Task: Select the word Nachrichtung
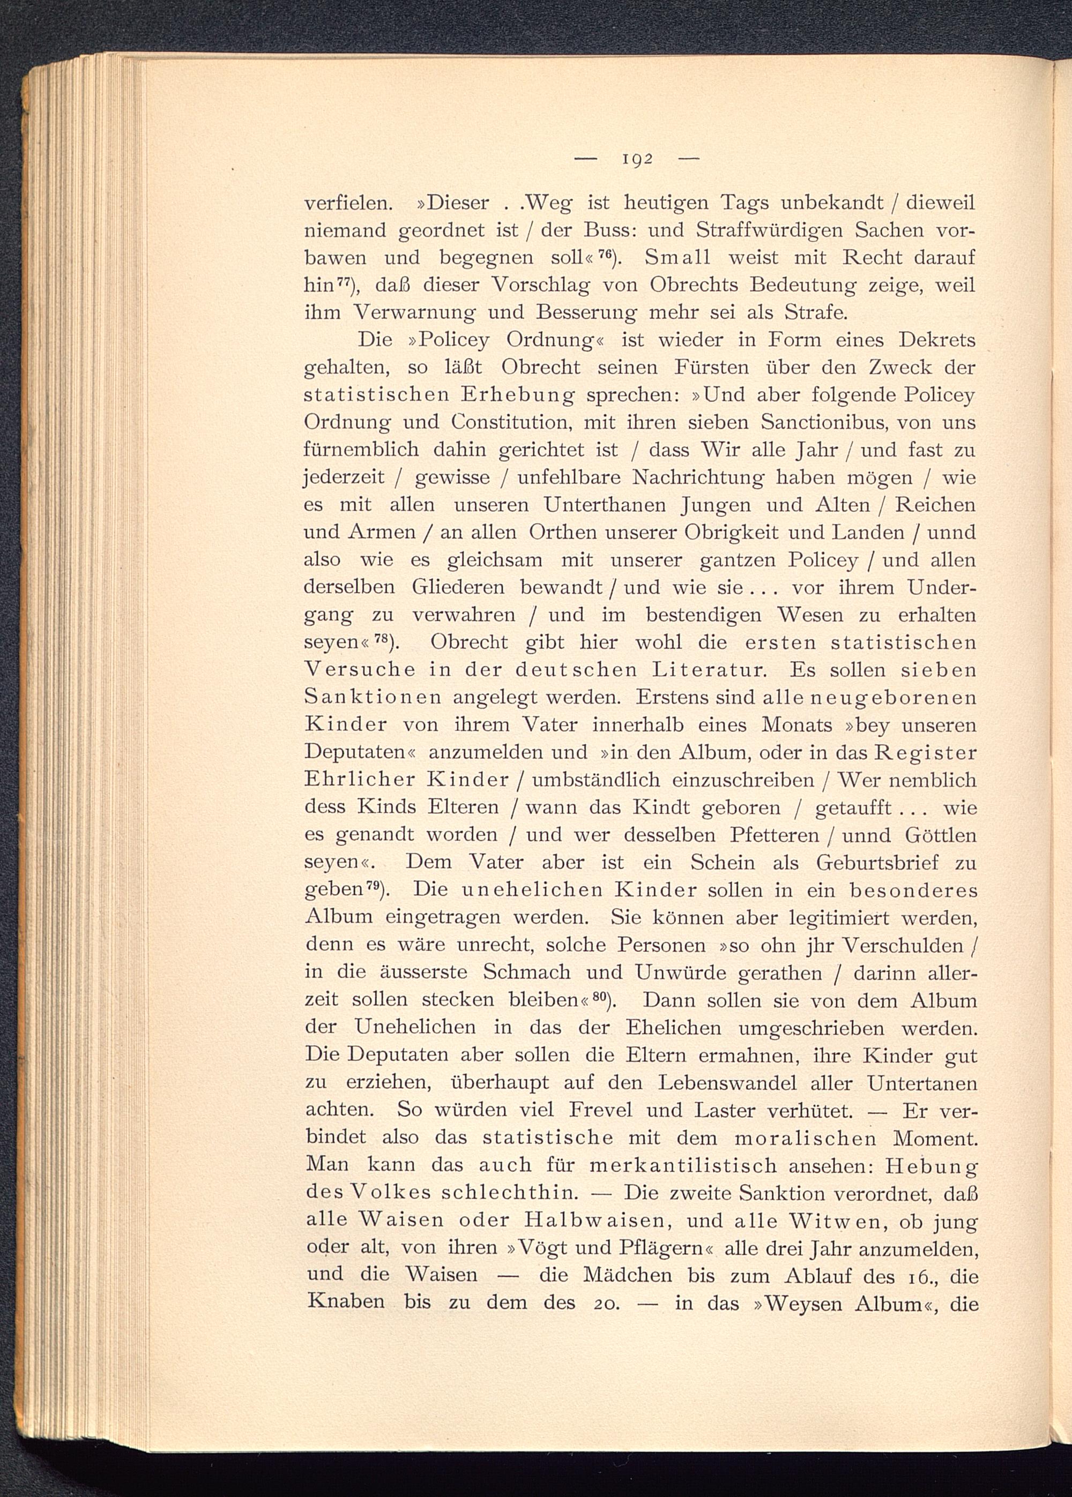699,477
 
